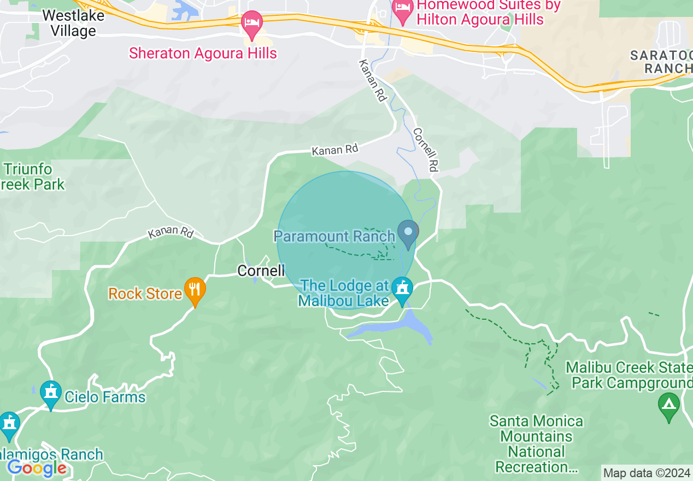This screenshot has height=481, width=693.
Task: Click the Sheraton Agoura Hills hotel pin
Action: pyautogui.click(x=252, y=24)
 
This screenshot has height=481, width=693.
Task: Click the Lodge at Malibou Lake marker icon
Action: pyautogui.click(x=403, y=290)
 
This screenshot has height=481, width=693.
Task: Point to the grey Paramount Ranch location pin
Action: pyautogui.click(x=408, y=233)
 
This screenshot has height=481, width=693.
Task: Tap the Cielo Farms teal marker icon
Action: pyautogui.click(x=51, y=394)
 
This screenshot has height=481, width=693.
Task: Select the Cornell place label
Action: pyautogui.click(x=261, y=271)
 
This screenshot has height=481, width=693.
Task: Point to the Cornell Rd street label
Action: pyautogui.click(x=426, y=150)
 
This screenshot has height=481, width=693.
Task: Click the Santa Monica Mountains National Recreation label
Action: pyautogui.click(x=536, y=444)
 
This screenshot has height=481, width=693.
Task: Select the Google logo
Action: pyautogui.click(x=37, y=468)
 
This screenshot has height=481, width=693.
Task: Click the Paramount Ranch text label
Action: pyautogui.click(x=334, y=236)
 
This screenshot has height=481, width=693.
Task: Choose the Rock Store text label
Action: pyautogui.click(x=145, y=294)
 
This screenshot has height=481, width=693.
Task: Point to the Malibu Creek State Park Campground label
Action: pyautogui.click(x=629, y=374)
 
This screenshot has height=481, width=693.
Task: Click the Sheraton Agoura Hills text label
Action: pyautogui.click(x=203, y=54)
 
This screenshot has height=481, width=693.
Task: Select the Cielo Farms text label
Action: pyautogui.click(x=105, y=397)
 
